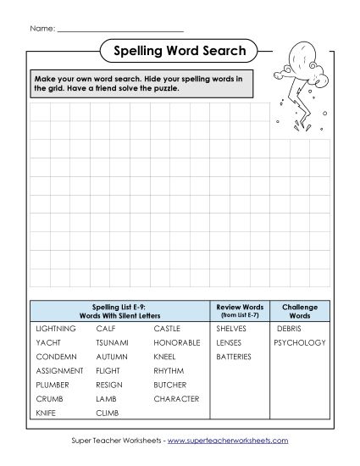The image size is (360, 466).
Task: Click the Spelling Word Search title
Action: click(180, 52)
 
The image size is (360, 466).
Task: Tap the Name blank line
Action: click(119, 29)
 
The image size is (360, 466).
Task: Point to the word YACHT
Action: click(47, 342)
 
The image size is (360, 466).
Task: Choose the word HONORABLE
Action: click(176, 342)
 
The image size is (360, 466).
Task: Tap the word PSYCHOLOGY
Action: click(299, 342)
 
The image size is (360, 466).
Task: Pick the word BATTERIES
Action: click(234, 357)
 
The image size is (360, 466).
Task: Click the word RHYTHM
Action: click(169, 370)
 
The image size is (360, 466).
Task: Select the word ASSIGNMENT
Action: click(59, 370)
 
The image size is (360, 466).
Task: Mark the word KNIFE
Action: click(47, 413)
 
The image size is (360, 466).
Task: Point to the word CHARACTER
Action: click(176, 398)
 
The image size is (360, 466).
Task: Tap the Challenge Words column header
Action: click(299, 309)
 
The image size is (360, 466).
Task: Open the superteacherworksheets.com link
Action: click(228, 441)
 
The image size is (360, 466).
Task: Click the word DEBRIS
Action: click(289, 328)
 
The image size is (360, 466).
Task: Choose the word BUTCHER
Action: click(170, 385)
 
